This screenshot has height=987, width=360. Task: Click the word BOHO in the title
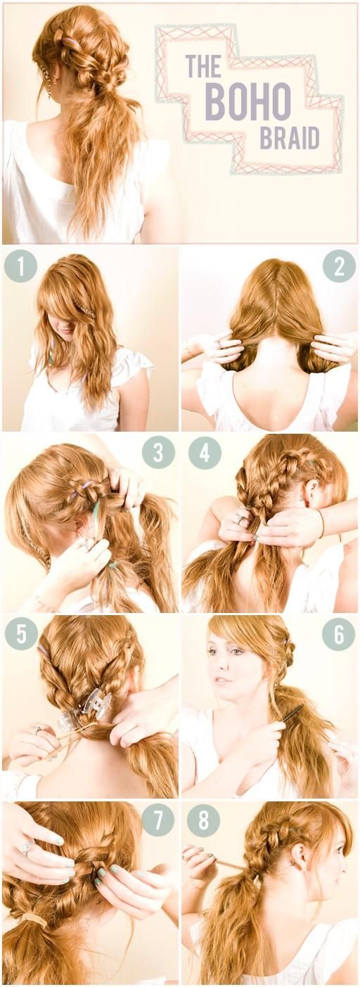coord(247,101)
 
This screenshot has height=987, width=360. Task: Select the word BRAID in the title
coord(289,138)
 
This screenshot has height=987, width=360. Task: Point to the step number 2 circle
coord(338,266)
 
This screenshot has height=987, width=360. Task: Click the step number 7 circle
coord(158,820)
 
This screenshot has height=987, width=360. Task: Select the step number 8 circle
coord(204,820)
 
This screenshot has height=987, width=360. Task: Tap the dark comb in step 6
coord(292,713)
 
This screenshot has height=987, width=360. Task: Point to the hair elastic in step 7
coord(33,919)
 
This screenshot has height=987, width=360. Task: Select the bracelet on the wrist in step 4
coord(321,524)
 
